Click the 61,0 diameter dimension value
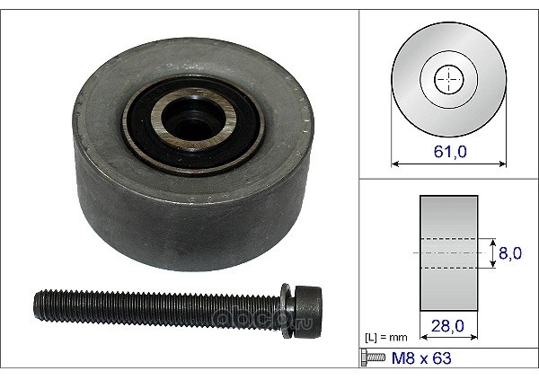coord(450,152)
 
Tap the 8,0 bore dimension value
coord(510,253)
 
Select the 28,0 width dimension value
coord(447,326)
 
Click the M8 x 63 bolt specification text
coord(421,358)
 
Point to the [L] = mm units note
coord(385,338)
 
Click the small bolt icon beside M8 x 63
coord(374,358)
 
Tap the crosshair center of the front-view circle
coord(449,79)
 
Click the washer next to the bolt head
coord(287,310)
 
